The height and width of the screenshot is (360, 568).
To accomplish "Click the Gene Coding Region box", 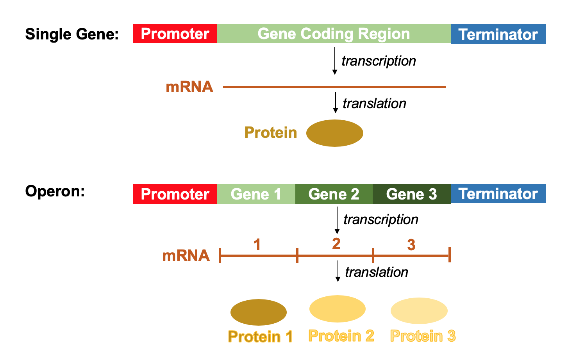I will tap(334, 34).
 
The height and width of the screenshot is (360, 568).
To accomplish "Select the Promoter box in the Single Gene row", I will tap(175, 34).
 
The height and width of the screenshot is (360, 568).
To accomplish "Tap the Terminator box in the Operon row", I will tap(498, 194).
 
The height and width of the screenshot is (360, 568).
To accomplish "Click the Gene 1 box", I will tap(256, 194).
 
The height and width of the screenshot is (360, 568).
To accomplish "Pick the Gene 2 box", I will tap(334, 194).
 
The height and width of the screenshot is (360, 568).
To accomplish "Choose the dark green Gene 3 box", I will tap(411, 194).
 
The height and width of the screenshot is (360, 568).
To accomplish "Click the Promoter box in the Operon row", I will tap(175, 194).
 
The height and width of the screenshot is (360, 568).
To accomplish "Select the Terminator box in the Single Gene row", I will tap(498, 34).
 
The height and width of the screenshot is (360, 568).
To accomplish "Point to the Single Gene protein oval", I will tap(334, 133).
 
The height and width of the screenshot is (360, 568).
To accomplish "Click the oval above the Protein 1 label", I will tap(258, 312).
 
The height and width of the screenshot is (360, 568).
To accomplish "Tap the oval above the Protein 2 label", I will tap(337, 309).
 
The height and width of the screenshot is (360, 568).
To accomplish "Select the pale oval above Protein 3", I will tap(419, 311).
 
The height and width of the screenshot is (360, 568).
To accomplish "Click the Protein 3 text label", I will tap(423, 336).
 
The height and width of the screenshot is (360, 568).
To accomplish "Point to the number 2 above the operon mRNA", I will tap(336, 244).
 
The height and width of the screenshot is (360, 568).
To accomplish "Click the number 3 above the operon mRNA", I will tap(411, 245).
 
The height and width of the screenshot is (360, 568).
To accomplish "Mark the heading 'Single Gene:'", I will tap(72, 34).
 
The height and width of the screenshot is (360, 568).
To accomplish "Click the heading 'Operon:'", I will tap(55, 191).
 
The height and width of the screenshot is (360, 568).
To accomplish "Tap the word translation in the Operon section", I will tap(376, 272).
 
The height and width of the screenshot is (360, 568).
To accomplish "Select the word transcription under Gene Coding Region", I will tap(379, 61).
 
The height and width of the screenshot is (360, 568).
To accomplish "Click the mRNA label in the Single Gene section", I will tap(189, 87).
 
